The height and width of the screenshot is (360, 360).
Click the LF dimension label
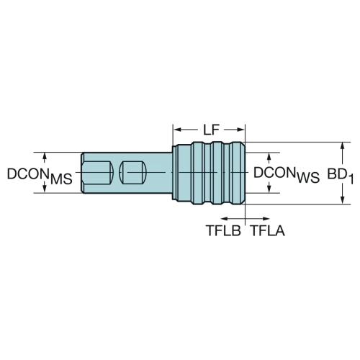(212, 130)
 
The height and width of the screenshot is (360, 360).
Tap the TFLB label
(223, 230)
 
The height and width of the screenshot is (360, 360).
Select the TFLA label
(268, 230)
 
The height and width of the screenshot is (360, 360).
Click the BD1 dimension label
(341, 176)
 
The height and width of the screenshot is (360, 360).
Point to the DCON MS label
(40, 176)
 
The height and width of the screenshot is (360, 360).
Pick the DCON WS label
(287, 175)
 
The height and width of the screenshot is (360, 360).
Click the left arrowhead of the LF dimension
(178, 130)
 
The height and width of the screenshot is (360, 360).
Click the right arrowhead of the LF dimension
(240, 130)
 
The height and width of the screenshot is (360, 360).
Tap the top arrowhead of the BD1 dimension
(343, 146)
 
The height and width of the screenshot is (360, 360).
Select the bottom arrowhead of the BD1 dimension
(343, 200)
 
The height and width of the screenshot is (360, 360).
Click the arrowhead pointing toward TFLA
(266, 219)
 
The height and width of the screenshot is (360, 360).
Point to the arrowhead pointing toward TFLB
(224, 219)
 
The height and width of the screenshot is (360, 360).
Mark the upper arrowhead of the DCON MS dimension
(45, 156)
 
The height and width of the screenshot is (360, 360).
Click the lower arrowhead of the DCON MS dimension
(45, 189)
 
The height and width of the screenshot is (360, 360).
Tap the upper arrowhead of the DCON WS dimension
(269, 156)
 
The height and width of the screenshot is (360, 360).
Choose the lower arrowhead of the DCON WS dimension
(269, 189)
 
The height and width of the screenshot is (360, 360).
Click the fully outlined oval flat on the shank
(132, 173)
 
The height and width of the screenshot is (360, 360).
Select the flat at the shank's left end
(98, 173)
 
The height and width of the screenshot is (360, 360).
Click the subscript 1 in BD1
(351, 179)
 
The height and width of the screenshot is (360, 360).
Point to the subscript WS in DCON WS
(308, 178)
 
